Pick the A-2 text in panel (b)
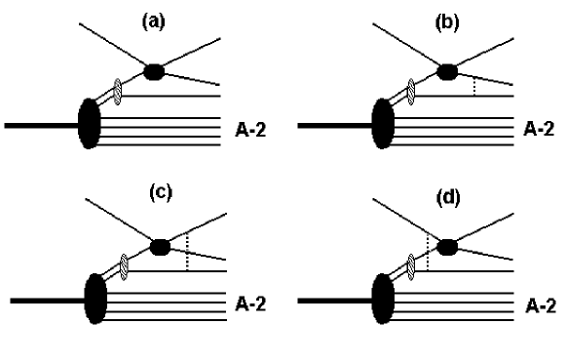tap(541, 127)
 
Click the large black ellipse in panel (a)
tap(89, 124)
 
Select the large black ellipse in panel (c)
tap(95, 300)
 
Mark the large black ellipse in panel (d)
tap(386, 301)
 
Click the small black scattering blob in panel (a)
tap(154, 70)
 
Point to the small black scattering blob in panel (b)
tap(448, 70)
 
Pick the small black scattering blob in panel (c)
tap(159, 245)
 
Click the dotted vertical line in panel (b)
tap(473, 86)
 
